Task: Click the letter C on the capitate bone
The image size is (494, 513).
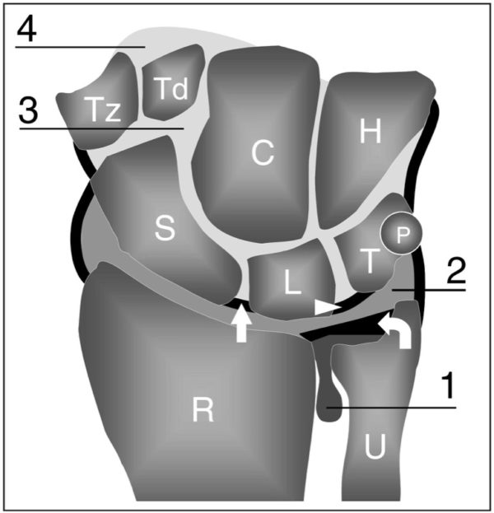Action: tap(262, 153)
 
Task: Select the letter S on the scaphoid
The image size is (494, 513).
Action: tap(165, 231)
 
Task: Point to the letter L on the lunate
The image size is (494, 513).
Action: tap(291, 282)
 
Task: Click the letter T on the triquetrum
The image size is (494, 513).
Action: tap(369, 261)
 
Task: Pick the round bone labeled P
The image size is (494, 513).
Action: tap(403, 235)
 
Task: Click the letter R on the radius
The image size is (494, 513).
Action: tap(203, 410)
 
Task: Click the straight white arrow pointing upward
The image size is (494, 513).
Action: tap(240, 322)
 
